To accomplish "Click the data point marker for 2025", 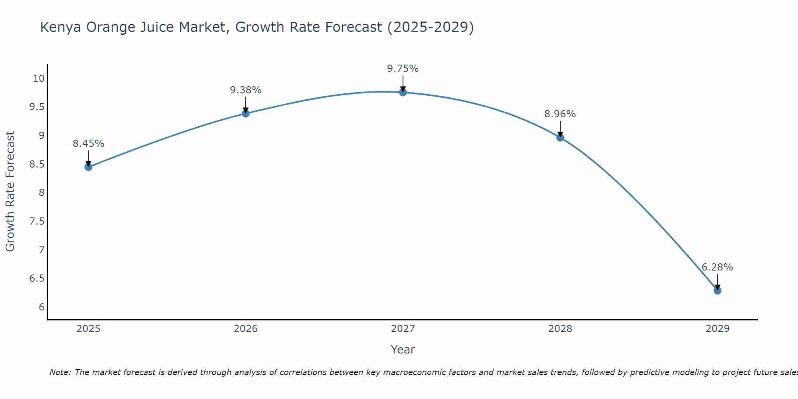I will (x=88, y=167).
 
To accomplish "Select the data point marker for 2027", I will (x=403, y=93).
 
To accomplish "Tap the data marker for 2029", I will (x=717, y=290).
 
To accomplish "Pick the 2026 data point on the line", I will (x=246, y=113).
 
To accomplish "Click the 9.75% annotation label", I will (x=403, y=69).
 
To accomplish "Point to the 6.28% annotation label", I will (x=717, y=267).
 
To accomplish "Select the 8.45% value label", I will (x=88, y=144).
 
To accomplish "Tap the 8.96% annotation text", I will (x=560, y=114).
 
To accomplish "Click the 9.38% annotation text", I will (x=246, y=90).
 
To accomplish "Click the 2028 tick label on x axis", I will (x=560, y=329).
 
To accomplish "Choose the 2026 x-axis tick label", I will (x=246, y=329).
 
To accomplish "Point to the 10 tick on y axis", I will (x=39, y=78).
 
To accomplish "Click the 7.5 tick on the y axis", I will (x=37, y=221).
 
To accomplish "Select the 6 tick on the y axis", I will (x=41, y=307).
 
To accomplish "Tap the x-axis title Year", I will (x=403, y=350).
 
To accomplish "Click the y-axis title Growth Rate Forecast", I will (x=10, y=192).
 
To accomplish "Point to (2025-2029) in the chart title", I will (x=431, y=27).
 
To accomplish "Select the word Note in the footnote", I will (x=60, y=372).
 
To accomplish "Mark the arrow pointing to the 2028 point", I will (x=560, y=129).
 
